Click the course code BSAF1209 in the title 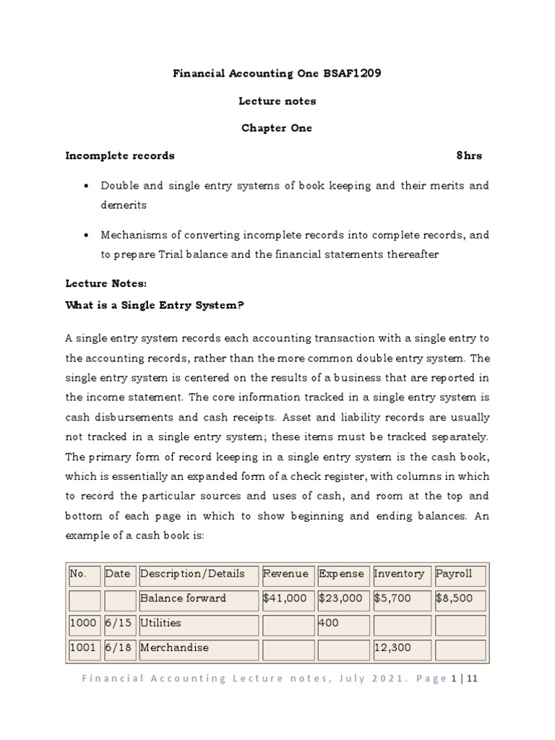coord(353,74)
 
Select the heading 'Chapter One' coord(277,128)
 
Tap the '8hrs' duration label coord(469,155)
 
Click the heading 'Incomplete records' coord(120,155)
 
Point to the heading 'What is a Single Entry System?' coord(155,305)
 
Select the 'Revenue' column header coord(285,574)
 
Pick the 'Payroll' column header coord(454,574)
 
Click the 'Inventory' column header coord(399,574)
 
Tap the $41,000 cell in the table coord(286,598)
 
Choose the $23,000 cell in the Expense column coord(341,598)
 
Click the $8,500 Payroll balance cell coord(456,598)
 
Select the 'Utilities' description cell coord(160,623)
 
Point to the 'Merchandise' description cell coord(174,647)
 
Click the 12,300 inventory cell coord(392,647)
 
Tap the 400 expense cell coord(329,623)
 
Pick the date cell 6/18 coord(118,647)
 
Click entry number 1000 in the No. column coord(83,623)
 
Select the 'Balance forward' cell coord(183,598)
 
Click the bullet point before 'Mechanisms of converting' coord(87,236)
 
